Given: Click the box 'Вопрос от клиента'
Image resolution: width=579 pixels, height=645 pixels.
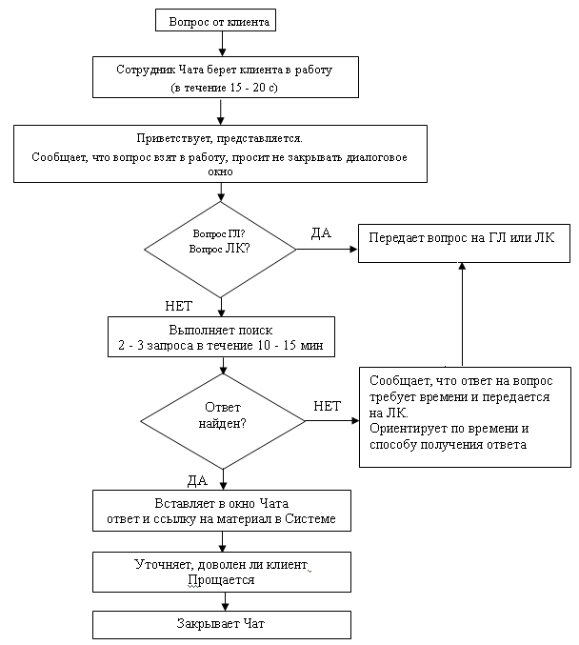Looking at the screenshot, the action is click(x=215, y=20).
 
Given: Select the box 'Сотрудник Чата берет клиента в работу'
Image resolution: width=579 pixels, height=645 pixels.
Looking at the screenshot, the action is click(x=226, y=77).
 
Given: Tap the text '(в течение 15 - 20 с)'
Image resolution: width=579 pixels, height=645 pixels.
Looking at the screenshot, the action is click(x=224, y=88).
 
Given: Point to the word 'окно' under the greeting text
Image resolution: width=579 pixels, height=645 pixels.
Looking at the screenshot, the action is click(x=220, y=171).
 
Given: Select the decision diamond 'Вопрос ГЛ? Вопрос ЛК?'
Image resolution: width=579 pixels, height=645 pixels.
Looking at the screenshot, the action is click(x=220, y=250).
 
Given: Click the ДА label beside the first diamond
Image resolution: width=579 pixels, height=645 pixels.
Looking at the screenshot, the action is click(x=321, y=233).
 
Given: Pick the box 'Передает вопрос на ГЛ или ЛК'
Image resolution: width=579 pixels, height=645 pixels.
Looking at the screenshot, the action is click(x=464, y=243).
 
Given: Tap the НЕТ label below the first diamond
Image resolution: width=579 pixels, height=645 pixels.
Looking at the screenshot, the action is click(x=178, y=306).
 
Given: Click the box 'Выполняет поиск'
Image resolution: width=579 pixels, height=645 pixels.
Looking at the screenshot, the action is click(x=221, y=336).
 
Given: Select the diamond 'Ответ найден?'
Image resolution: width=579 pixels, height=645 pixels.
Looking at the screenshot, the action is click(x=223, y=421).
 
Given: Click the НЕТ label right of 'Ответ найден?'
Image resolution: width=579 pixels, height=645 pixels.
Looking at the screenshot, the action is click(x=327, y=407).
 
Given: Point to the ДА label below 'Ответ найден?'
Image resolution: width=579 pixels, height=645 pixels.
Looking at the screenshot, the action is click(x=197, y=481).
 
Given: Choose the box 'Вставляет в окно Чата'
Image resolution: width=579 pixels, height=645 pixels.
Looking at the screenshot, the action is click(x=222, y=511).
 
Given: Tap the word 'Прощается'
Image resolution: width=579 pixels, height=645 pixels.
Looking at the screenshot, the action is click(x=221, y=580).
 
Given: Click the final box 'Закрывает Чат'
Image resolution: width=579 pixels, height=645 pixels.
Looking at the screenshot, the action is click(x=222, y=624).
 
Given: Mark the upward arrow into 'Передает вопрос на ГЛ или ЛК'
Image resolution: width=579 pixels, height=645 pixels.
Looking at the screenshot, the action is click(x=462, y=314).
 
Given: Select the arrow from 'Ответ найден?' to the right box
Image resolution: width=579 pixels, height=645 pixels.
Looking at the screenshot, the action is click(x=332, y=421).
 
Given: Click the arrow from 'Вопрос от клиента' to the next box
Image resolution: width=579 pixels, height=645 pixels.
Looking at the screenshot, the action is click(x=222, y=44).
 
